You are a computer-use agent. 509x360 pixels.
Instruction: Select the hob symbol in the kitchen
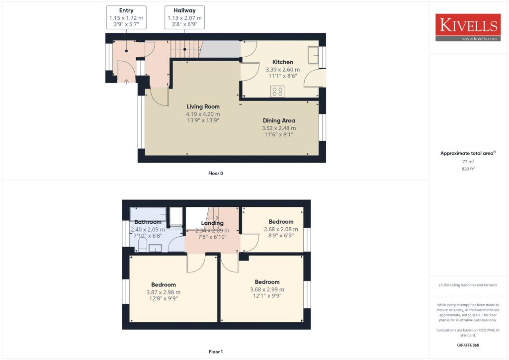tap(277, 91)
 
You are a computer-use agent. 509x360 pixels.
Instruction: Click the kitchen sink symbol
tap(314, 55)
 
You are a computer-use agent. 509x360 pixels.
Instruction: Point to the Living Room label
tap(203, 106)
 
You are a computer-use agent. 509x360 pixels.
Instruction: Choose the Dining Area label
tap(278, 120)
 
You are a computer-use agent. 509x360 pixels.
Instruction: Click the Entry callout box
tap(126, 17)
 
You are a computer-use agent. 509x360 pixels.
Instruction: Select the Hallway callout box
tap(184, 17)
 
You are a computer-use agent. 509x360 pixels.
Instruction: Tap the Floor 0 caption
tap(216, 173)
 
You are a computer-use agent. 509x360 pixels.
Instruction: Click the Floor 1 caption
tap(216, 352)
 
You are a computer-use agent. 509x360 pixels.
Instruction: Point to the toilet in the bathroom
tap(143, 245)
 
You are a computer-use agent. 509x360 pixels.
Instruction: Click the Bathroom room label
tap(148, 222)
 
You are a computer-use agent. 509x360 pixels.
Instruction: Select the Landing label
tap(212, 223)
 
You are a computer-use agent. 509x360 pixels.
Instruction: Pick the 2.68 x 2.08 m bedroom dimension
tap(281, 229)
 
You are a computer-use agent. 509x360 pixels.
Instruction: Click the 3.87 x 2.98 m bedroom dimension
tap(164, 292)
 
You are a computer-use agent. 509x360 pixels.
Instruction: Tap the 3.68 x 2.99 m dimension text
tap(267, 289)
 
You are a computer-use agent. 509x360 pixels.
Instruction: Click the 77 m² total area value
tap(468, 162)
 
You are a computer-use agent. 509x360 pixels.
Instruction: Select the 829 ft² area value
tap(468, 169)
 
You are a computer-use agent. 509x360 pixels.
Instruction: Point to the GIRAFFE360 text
tap(468, 345)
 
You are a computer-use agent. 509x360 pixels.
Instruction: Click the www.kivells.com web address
tap(480, 38)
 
